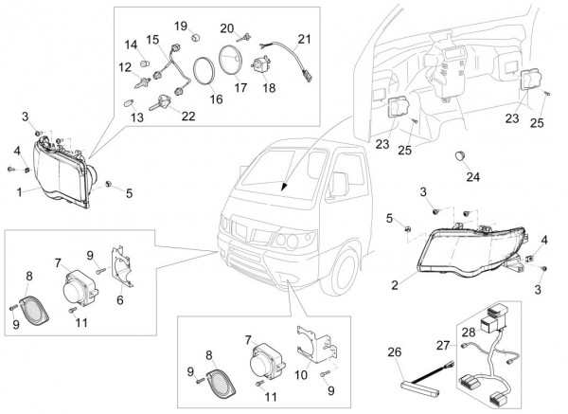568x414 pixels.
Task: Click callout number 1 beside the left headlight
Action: (20, 191)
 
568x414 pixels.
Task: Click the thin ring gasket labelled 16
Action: (203, 71)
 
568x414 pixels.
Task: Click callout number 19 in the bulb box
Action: (181, 25)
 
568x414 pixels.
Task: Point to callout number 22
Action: (188, 116)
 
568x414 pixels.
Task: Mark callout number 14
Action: (132, 45)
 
